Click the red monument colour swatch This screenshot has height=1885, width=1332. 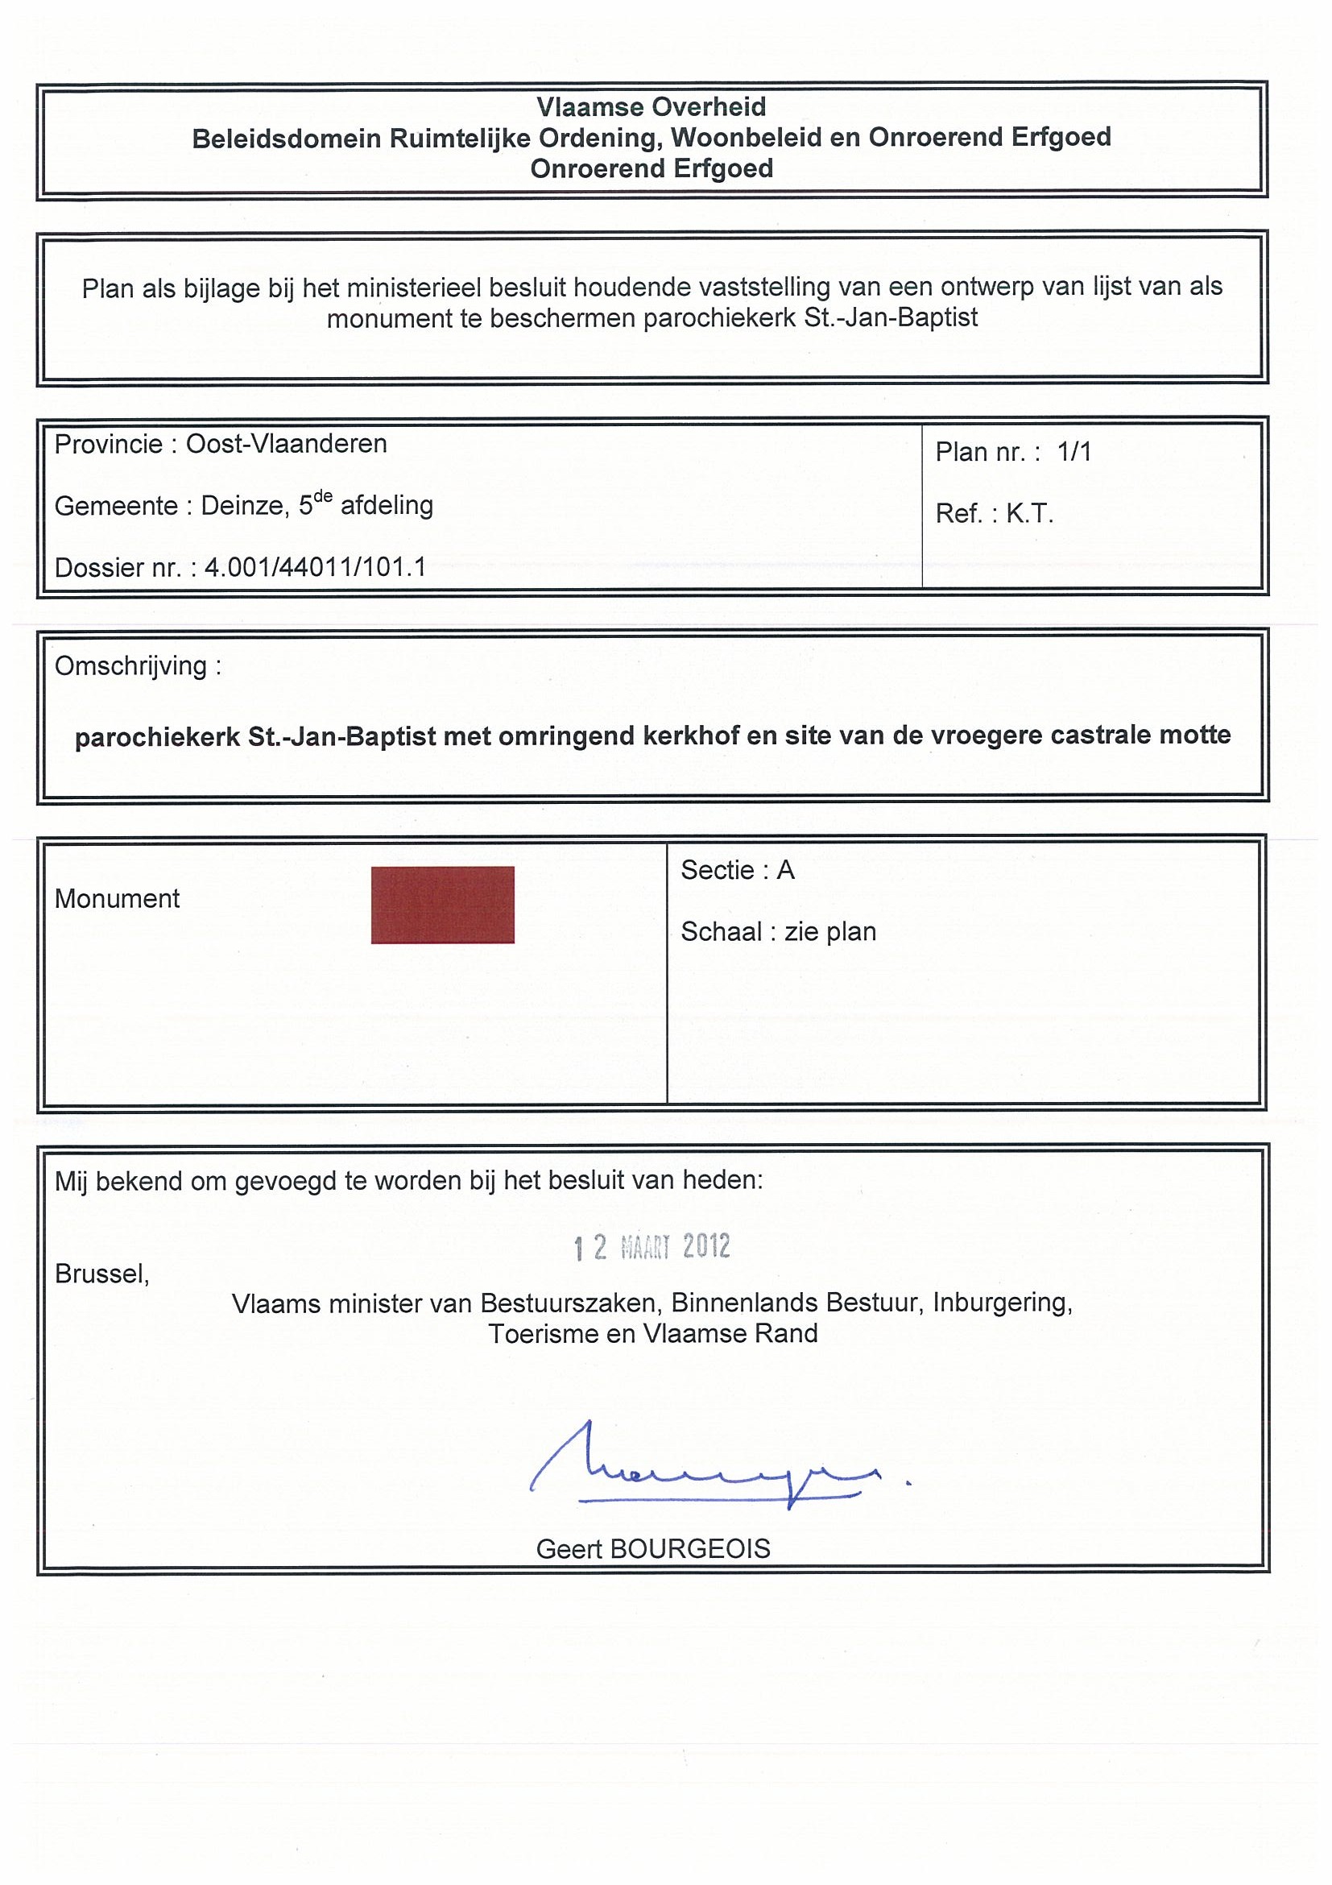pos(442,905)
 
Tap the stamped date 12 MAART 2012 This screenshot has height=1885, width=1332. pos(652,1247)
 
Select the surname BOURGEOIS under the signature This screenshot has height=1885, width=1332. pos(690,1549)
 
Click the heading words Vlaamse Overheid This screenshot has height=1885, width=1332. pos(651,106)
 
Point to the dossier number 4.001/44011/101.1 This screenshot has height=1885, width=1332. pos(315,567)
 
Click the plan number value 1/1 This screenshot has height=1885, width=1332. pos(1074,452)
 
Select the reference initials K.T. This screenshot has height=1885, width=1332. pos(1029,514)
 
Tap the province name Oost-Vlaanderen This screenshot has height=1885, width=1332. pos(287,444)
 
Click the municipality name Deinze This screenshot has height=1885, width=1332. pos(244,506)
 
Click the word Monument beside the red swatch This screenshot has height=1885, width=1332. pos(118,899)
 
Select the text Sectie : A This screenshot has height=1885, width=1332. pos(737,870)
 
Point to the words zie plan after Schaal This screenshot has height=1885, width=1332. pos(829,932)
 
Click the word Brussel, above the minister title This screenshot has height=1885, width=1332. pos(101,1274)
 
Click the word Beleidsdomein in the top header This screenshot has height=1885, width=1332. pos(287,138)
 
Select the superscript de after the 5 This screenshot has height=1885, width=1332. pos(324,496)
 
